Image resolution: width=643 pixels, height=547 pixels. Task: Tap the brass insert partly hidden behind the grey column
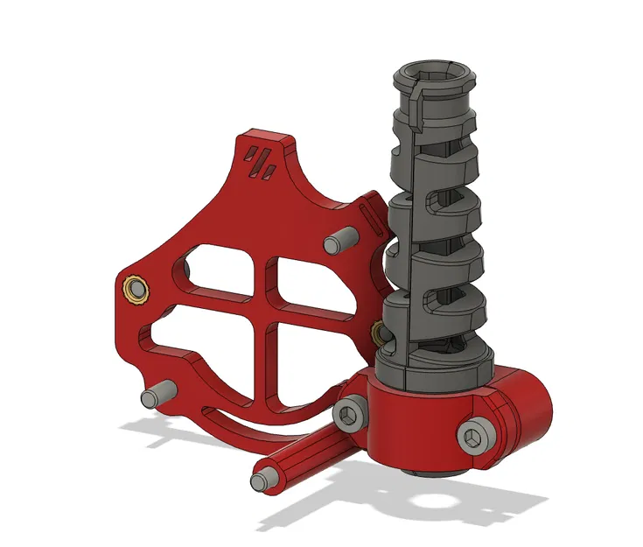pos(379,331)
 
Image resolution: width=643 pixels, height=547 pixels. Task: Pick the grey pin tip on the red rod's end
pos(260,481)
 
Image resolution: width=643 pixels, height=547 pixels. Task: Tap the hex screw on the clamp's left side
pos(350,414)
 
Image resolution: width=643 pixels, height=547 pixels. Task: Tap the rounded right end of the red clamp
pos(535,410)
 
